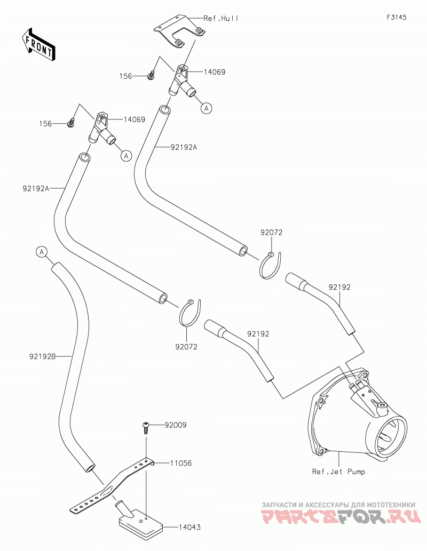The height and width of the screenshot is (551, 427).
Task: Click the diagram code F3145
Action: coord(397,17)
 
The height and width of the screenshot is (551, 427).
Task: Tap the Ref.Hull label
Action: coord(221,18)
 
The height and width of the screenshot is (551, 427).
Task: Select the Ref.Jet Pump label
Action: coord(338,472)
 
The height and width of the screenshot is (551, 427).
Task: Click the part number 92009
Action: coord(176,425)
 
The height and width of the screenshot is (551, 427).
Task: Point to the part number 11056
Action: coord(181,463)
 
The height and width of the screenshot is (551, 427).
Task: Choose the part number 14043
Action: coord(189,527)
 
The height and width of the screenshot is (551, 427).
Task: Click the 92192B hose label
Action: coord(43,357)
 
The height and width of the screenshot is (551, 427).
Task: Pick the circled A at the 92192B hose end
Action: coord(42,252)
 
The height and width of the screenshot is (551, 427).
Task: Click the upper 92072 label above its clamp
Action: coord(271,232)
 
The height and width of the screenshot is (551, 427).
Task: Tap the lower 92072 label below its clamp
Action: coord(186,347)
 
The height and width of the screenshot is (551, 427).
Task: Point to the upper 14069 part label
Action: coord(215,72)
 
